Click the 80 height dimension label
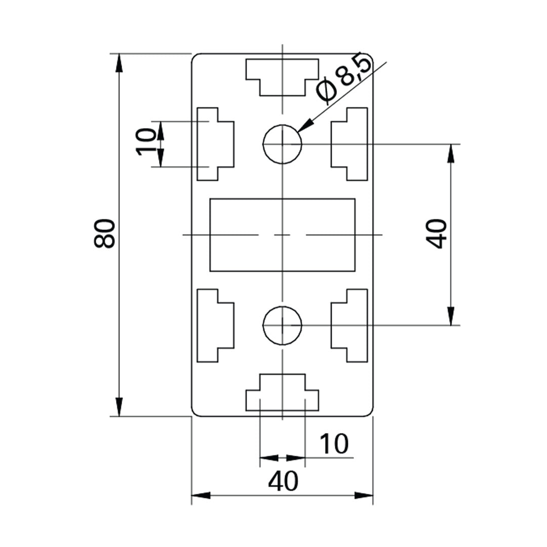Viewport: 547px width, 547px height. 105,233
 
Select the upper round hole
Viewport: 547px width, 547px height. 282,144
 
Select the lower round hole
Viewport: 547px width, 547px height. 282,325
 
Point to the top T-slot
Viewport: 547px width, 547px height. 282,75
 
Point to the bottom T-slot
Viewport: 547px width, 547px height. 282,393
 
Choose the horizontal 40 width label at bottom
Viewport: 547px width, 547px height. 283,482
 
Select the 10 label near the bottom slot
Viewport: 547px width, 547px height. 334,444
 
